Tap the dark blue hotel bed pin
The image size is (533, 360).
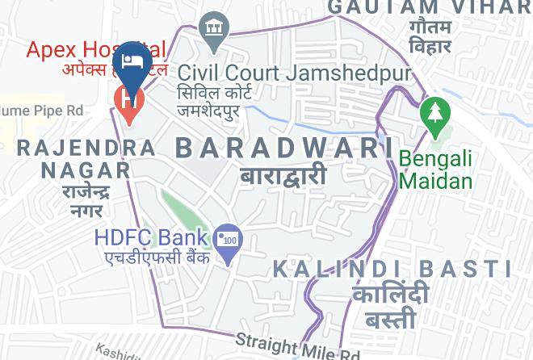pos(131,62)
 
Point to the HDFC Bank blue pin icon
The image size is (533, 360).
pos(229,241)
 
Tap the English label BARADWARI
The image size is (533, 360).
pos(284,148)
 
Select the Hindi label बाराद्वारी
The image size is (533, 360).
pos(283,175)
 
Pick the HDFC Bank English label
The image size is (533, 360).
pos(151,239)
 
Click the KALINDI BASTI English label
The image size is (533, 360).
pos(392,269)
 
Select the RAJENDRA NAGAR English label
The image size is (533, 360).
pos(86,159)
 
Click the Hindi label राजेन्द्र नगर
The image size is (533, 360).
pos(85,201)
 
